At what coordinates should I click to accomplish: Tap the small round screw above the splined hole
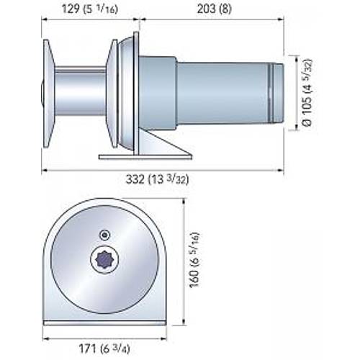tap(105, 234)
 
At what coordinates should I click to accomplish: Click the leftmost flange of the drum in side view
tap(48, 94)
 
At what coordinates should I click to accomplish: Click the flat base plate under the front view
tap(104, 323)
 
